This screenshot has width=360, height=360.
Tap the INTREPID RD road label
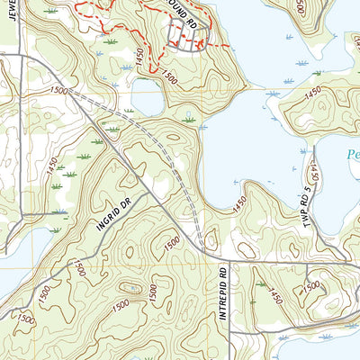[224, 293]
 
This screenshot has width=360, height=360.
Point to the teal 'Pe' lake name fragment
[353, 155]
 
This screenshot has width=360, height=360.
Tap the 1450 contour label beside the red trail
[139, 56]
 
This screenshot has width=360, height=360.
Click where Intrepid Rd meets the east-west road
[224, 262]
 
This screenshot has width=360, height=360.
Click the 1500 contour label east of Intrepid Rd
[310, 286]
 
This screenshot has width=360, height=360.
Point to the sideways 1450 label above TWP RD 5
[317, 167]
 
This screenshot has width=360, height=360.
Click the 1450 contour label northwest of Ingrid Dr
[50, 166]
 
